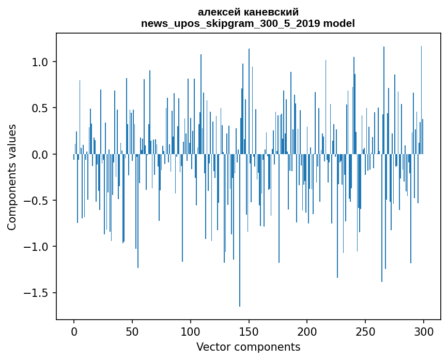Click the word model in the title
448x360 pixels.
click(x=339, y=23)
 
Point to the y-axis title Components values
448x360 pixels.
click(x=12, y=177)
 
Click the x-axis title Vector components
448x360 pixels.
click(x=248, y=347)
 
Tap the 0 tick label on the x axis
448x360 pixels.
click(x=74, y=331)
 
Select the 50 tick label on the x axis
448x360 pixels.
click(x=132, y=331)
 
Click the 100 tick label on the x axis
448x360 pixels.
click(x=191, y=331)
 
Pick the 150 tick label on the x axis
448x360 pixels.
click(x=249, y=331)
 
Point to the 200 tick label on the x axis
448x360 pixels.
click(x=307, y=331)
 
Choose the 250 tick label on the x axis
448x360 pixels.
click(x=365, y=331)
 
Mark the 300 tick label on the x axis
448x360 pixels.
click(x=424, y=331)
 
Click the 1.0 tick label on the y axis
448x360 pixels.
click(x=41, y=62)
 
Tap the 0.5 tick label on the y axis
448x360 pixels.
click(x=41, y=108)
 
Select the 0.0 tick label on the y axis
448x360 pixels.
click(x=41, y=155)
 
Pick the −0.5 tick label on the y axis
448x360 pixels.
click(x=37, y=201)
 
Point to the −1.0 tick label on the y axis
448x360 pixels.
click(x=37, y=247)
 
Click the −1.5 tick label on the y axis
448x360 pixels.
click(x=37, y=293)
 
